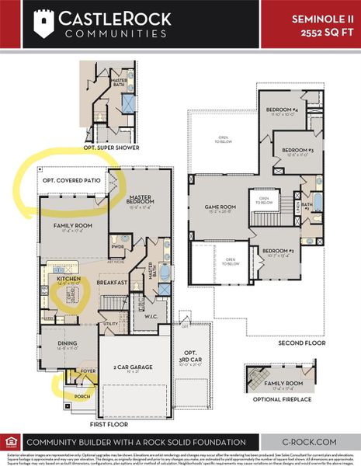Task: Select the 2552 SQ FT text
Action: (x=325, y=31)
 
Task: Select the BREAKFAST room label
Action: (x=113, y=283)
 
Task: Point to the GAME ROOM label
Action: (x=220, y=207)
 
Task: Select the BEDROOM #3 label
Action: (x=297, y=150)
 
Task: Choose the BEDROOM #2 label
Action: (x=276, y=251)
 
